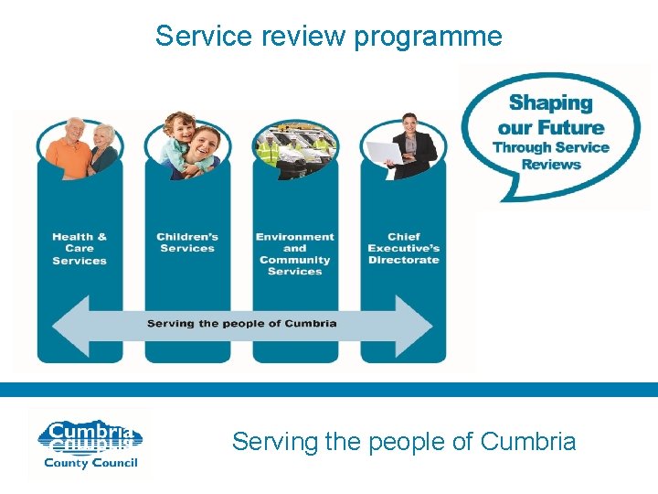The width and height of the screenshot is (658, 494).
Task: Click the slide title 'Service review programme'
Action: pyautogui.click(x=328, y=37)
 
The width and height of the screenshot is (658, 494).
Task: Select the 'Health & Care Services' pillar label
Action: pyautogui.click(x=80, y=249)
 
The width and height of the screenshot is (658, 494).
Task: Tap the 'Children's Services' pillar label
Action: pyautogui.click(x=187, y=242)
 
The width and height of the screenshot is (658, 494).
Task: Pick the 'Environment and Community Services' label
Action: pyautogui.click(x=294, y=254)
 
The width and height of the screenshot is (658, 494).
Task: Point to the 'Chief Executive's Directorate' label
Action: pyautogui.click(x=404, y=249)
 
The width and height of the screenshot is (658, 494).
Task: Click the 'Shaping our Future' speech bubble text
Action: pyautogui.click(x=551, y=115)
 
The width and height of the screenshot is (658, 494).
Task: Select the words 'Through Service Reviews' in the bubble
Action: pyautogui.click(x=551, y=156)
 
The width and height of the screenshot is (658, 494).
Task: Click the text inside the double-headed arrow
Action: pyautogui.click(x=242, y=323)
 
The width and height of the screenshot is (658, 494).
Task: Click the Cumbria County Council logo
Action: pyautogui.click(x=89, y=444)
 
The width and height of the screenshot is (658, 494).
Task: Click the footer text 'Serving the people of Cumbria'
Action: pyautogui.click(x=404, y=442)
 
